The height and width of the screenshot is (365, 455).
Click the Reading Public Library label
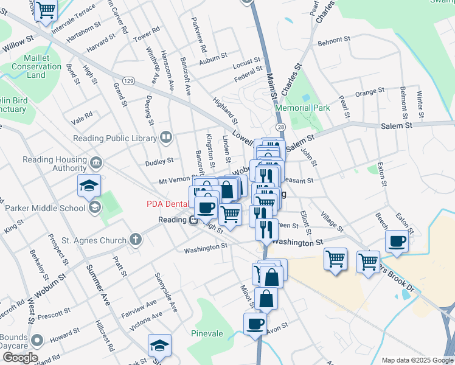pos(122,138)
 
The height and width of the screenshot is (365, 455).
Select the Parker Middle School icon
pos(94,208)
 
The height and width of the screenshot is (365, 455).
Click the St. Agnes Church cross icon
pos(136,239)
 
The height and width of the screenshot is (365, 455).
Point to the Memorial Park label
pos(302,108)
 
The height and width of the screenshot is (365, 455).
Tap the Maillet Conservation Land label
pos(36,66)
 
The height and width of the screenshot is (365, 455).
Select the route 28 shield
pos(280,127)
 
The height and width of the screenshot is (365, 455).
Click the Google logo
pos(19,357)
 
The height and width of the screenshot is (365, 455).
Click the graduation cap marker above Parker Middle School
pos(89,185)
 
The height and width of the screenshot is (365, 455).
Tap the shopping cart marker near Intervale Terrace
pos(46,10)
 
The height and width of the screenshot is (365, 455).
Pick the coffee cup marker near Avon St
pos(255,323)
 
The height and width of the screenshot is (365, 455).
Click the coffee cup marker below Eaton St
pos(397,241)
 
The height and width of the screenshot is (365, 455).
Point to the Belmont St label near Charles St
pos(334,43)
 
